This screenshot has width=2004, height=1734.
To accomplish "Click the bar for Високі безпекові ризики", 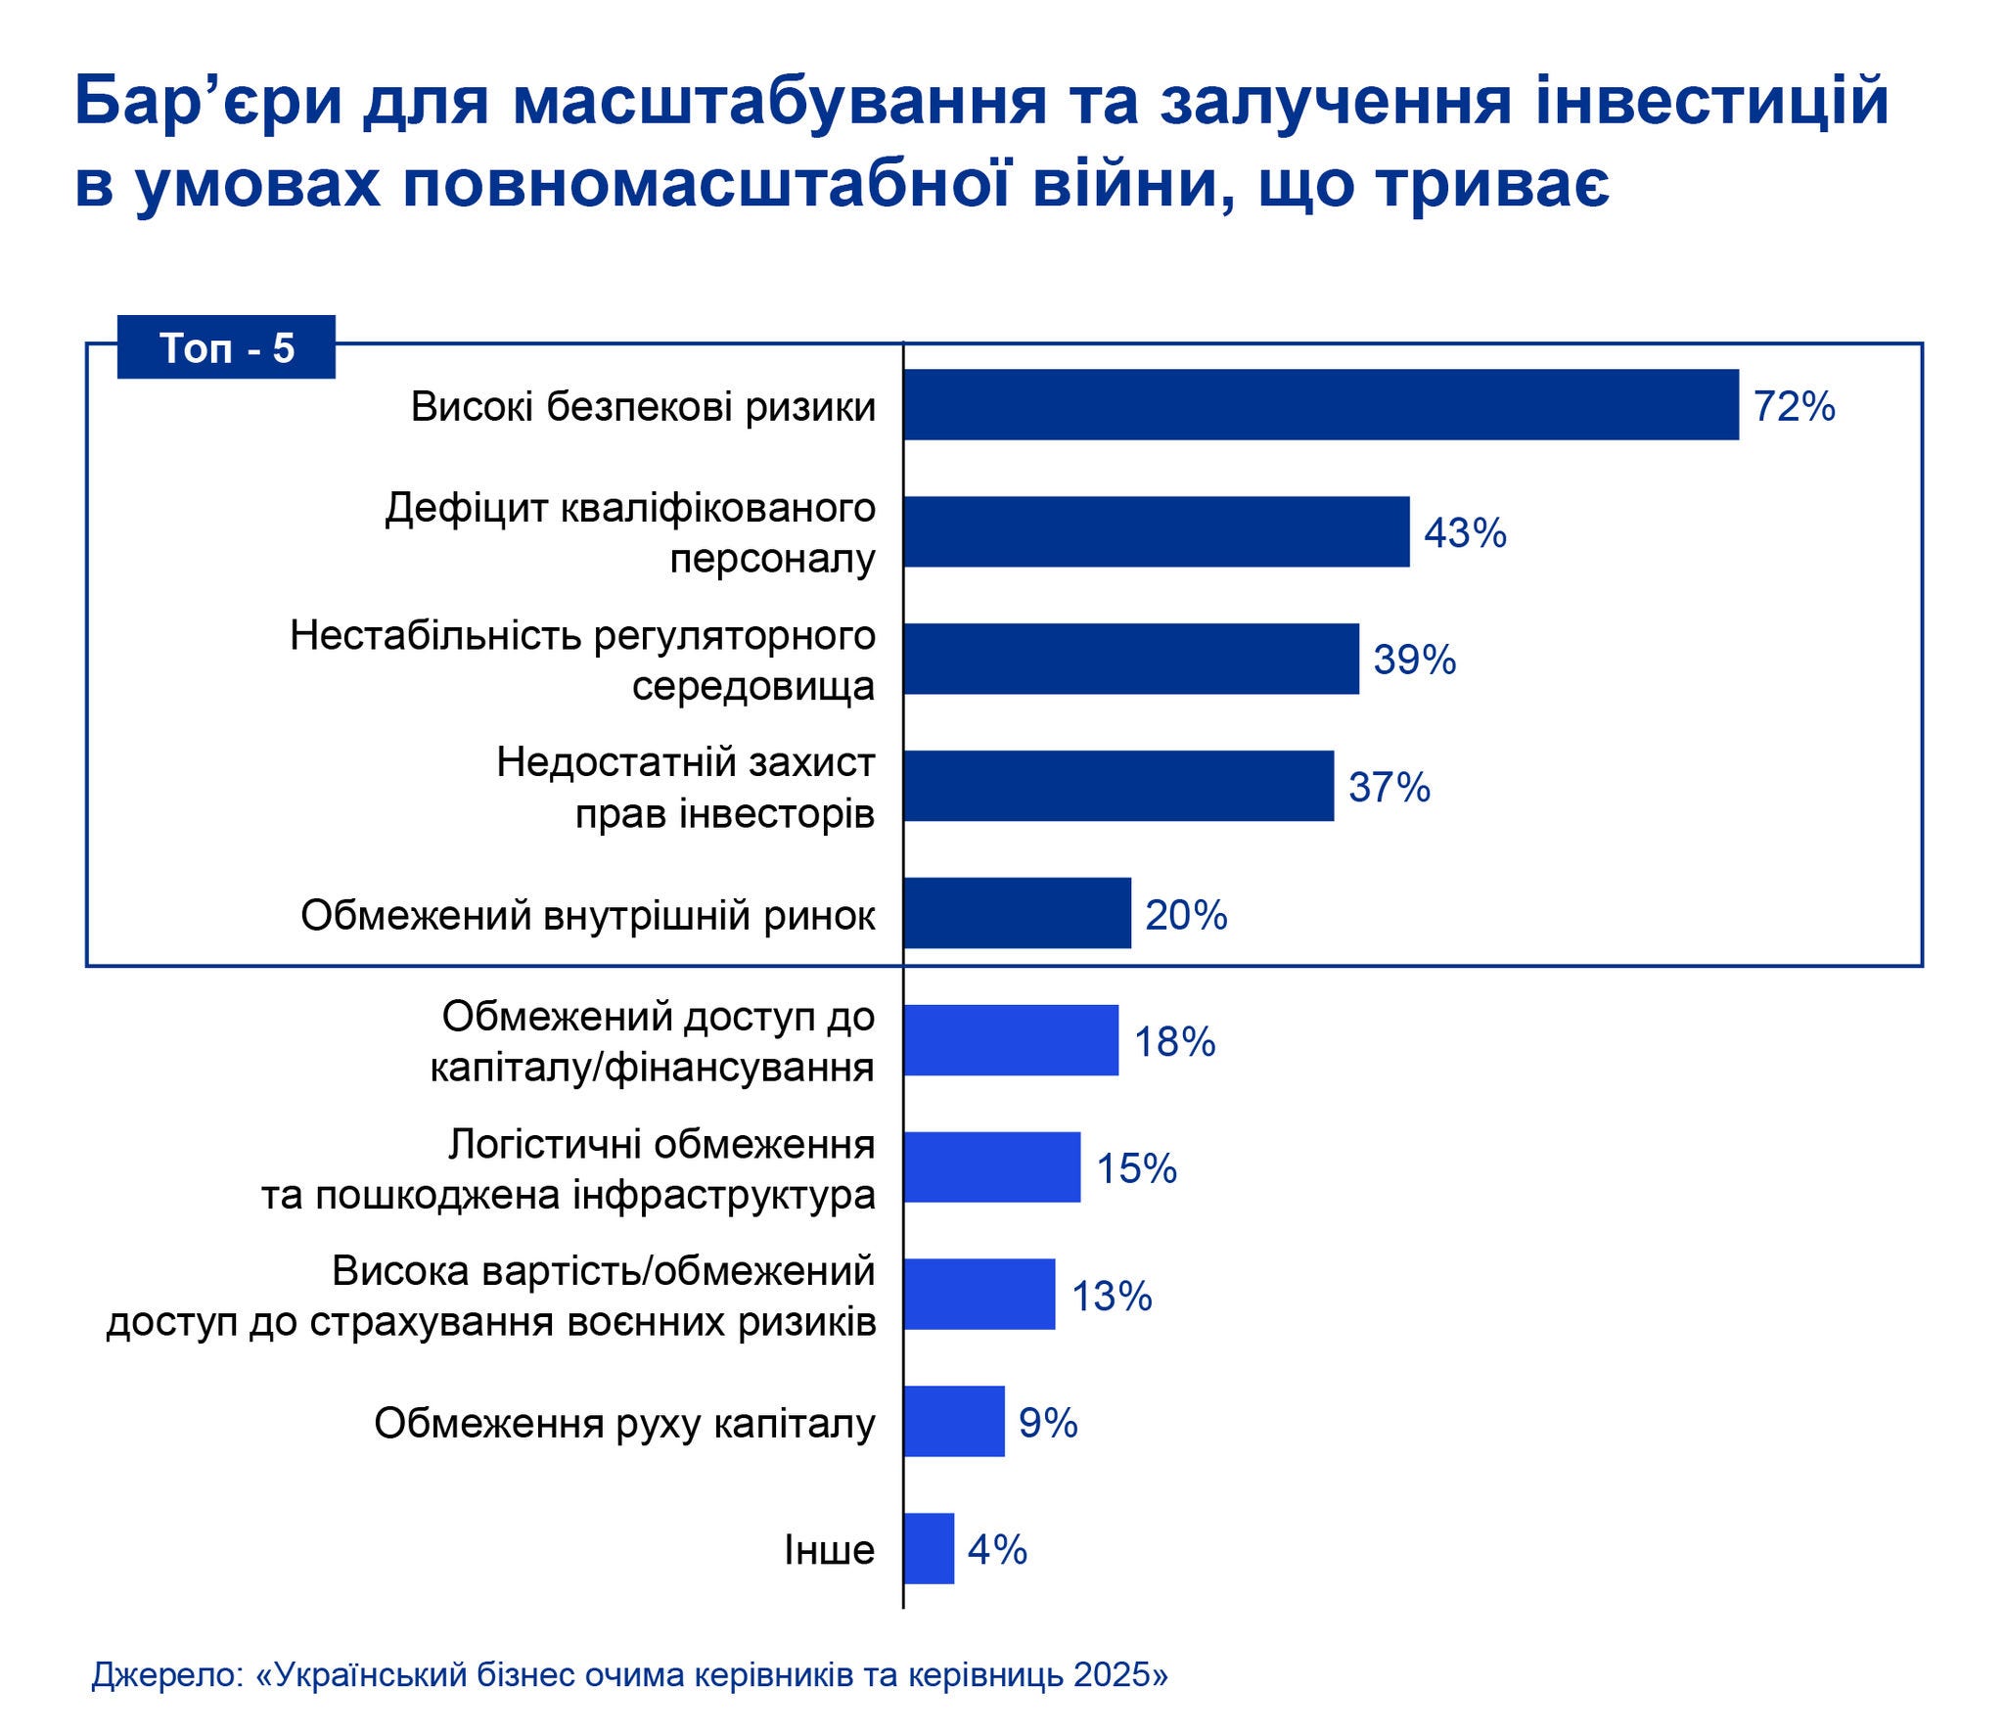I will pos(1321,404).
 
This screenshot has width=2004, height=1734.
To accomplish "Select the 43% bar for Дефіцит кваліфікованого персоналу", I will pos(1157,531).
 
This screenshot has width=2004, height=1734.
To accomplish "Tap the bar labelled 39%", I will pos(1131,659).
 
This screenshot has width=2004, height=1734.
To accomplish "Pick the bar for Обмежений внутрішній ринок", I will pos(1018,913).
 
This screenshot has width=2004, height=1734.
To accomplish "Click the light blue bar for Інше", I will pos(929,1548).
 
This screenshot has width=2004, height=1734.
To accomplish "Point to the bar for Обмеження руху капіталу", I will pos(954,1421).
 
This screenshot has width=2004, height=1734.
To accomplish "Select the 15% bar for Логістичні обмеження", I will pos(992,1167).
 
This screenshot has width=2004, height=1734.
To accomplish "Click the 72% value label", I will pos(1794,406).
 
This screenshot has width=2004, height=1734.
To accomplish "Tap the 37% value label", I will pos(1389,788).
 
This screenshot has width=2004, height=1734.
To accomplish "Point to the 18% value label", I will pos(1174,1042).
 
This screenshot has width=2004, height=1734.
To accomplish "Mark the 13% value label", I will pos(1112,1297).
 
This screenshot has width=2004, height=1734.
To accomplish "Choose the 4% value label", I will pos(997,1550).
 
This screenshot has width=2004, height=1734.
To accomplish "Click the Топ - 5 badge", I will pos(226,347).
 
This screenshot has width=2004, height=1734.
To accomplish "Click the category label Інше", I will pos(829,1550).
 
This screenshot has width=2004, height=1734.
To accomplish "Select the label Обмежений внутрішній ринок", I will pos(588,916).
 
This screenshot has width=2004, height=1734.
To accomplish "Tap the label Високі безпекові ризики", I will pos(643,407).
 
